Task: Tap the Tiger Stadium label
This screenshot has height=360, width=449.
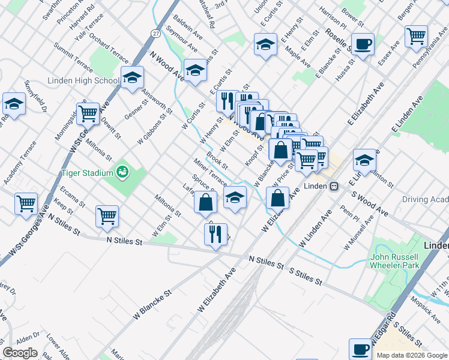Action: pos(88,173)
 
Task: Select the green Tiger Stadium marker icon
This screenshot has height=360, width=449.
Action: pos(123,173)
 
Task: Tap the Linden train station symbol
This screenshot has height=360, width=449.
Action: pos(334,187)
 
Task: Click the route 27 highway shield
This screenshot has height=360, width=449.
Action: pos(155,34)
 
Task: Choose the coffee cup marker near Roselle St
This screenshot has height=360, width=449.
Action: pos(363,44)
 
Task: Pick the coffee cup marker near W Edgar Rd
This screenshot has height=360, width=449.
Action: pos(361,349)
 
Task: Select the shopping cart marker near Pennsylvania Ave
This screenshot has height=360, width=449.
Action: pos(416,37)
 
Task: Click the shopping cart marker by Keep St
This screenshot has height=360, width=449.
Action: pos(26,203)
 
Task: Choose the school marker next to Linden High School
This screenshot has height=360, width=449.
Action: pos(132,77)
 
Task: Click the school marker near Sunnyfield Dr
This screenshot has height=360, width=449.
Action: pos(13,104)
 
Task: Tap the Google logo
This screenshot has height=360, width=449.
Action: pos(20,353)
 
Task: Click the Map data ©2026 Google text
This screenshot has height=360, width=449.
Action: pos(412,355)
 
